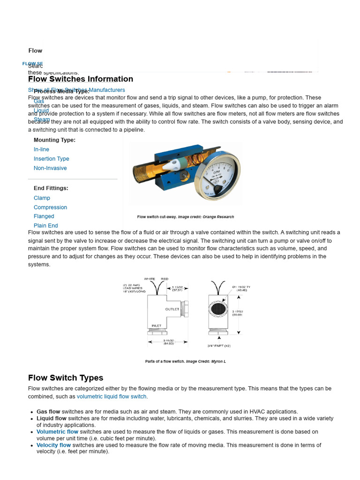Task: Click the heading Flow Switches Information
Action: point(81,79)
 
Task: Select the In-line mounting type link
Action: point(41,150)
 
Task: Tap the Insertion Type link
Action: point(51,159)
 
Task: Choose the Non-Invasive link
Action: point(50,168)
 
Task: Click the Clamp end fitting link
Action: point(42,198)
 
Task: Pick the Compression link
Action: point(50,207)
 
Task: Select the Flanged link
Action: point(44,217)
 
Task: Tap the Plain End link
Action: point(45,226)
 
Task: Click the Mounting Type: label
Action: point(54,140)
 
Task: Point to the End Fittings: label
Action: point(51,188)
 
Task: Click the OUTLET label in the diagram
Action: point(172,309)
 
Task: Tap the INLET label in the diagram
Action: point(156,325)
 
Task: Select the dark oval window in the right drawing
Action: point(218,310)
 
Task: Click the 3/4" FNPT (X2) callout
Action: point(219,346)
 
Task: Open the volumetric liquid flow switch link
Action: point(112,397)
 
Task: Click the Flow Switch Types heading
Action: point(66,378)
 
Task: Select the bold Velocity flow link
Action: point(53,445)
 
